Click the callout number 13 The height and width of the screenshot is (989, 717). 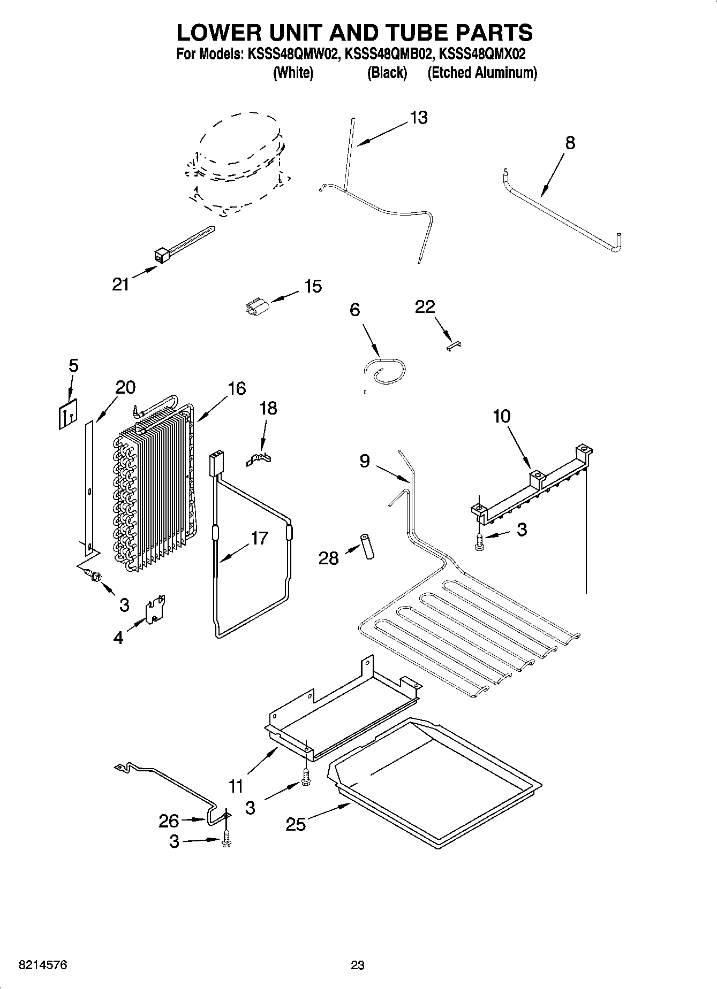419,118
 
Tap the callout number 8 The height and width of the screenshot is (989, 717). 570,143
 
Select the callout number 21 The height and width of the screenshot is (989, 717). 120,284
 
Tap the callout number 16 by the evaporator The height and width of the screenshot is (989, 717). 237,389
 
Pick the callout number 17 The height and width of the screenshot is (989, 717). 259,538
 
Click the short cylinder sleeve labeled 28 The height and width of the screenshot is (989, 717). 367,546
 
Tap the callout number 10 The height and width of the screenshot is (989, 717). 502,416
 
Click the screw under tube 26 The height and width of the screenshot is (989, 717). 226,840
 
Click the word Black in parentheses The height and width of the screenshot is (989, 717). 387,73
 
